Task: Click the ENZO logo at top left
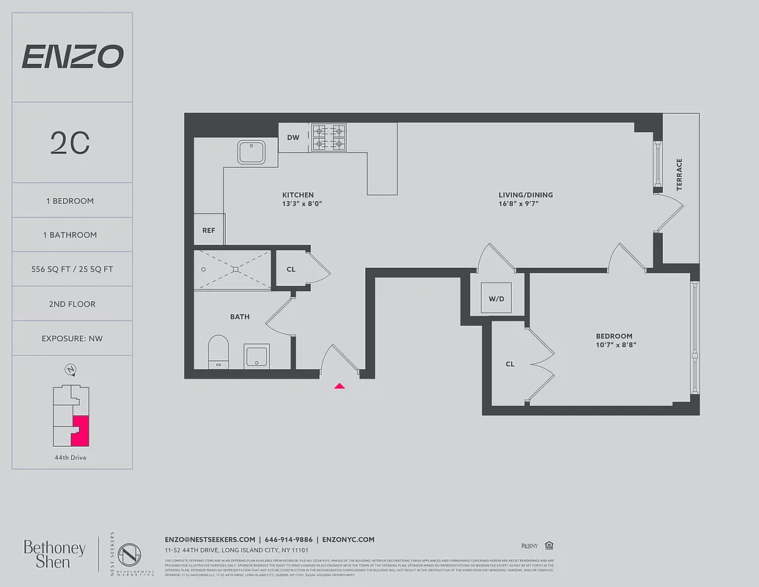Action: (x=72, y=56)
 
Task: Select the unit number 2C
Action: (x=70, y=143)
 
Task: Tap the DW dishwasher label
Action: (x=293, y=137)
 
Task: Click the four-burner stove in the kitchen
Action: (x=329, y=137)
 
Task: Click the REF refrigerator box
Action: (x=209, y=230)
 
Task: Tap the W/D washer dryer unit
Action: (x=496, y=299)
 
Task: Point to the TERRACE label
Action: (x=679, y=175)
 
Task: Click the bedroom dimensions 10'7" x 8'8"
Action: (x=615, y=345)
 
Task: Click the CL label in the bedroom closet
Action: (x=510, y=363)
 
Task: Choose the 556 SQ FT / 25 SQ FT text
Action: (x=72, y=269)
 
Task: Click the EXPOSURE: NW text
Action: (x=72, y=338)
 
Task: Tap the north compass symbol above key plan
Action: (x=70, y=370)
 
